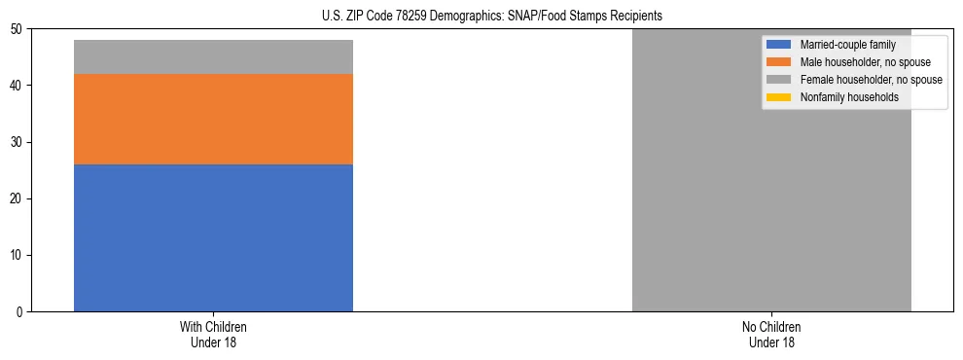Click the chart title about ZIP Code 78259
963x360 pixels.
491,17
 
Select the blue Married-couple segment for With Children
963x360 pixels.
213,237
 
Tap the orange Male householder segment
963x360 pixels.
213,119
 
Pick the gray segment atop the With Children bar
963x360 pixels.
213,56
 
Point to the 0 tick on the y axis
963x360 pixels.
20,312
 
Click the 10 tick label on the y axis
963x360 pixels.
18,256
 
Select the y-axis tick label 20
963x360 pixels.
18,199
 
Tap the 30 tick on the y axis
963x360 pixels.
18,143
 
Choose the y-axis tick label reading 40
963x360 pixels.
18,87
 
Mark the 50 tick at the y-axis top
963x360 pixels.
18,30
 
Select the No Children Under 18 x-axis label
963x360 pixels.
771,334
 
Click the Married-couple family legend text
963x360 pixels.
847,45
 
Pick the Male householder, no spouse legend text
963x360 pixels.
859,62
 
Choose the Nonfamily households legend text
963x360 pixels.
849,97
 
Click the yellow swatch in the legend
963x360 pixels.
779,97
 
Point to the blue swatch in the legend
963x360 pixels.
779,45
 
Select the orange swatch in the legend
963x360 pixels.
779,62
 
